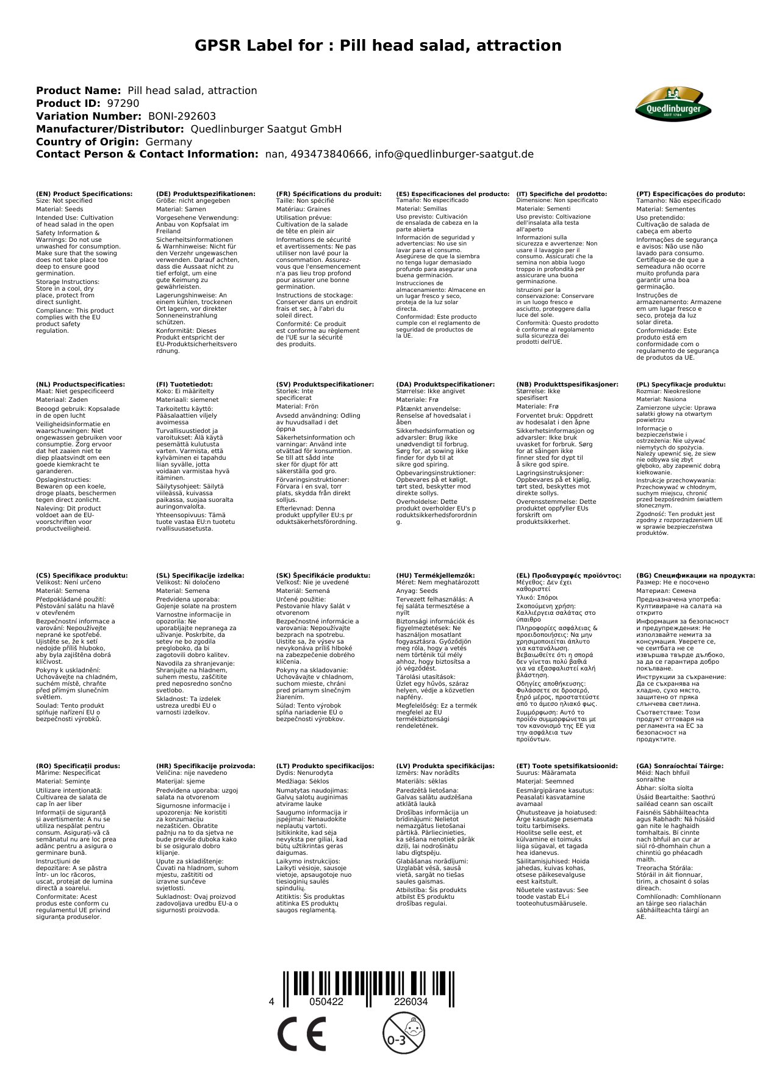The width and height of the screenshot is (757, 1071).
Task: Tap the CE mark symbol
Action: tap(301, 1034)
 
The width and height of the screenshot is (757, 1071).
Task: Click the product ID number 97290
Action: tap(123, 104)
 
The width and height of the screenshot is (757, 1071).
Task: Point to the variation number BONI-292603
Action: tap(182, 116)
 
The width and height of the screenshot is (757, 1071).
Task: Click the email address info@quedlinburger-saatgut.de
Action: tap(454, 154)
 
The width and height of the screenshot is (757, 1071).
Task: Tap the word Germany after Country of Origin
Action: tap(168, 142)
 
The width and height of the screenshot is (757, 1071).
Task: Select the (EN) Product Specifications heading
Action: tap(84, 194)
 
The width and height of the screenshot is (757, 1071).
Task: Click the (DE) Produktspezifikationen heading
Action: tap(206, 194)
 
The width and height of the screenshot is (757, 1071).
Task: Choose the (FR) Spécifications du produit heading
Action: tap(329, 194)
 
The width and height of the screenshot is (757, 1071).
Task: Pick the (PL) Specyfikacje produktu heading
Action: tap(681, 385)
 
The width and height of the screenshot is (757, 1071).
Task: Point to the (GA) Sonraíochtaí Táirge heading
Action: tap(680, 766)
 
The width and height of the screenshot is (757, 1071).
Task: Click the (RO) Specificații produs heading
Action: tap(78, 766)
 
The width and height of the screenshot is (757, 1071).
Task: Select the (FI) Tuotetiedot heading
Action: tap(185, 385)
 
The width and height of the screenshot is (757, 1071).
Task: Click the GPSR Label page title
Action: tap(378, 46)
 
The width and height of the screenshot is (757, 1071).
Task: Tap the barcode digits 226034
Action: tap(411, 1002)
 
